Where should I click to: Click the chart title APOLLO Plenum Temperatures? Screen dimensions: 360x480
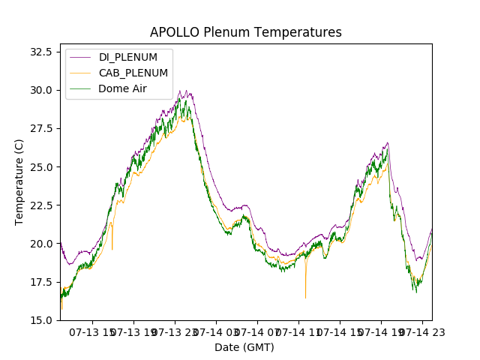245,32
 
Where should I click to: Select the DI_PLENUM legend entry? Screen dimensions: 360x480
128,58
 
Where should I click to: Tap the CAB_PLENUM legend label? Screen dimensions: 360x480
133,73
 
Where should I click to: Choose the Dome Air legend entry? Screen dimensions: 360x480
122,88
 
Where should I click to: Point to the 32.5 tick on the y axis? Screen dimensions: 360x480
40,52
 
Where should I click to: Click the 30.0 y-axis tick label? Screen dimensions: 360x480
40,90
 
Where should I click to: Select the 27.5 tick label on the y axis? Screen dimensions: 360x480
40,128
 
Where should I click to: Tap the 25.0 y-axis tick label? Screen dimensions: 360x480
40,166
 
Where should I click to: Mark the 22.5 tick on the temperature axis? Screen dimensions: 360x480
40,205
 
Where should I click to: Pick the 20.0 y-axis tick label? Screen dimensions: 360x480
40,243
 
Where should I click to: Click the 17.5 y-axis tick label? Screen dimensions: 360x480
40,281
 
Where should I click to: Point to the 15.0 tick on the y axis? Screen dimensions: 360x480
40,319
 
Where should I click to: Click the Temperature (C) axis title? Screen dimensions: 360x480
19,182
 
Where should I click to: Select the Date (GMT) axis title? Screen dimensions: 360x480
244,347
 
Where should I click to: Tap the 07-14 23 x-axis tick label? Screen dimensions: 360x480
421,332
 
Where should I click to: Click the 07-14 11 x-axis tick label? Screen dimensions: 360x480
298,332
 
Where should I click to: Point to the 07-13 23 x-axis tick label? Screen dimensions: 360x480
174,332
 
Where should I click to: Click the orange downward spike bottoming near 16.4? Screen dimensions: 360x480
305,297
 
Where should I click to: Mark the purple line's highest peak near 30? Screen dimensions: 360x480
180,91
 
